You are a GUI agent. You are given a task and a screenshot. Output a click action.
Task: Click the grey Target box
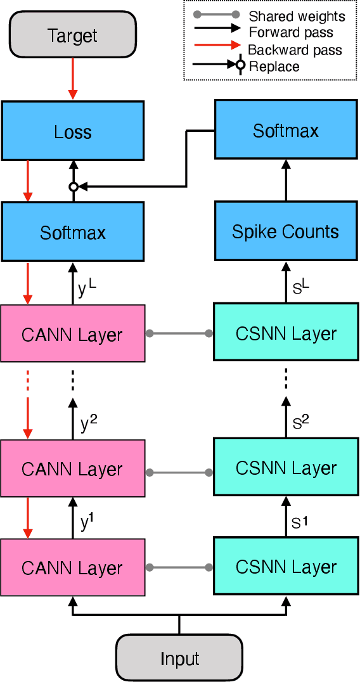pos(73,35)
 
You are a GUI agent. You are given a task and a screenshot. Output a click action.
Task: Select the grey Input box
pos(179,658)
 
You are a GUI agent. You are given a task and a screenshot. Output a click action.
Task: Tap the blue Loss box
pos(73,132)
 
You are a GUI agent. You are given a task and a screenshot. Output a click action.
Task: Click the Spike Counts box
pos(286,231)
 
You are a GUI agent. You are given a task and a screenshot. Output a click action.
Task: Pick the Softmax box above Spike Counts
pos(286,131)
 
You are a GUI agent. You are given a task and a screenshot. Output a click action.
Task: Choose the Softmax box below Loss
pos(73,233)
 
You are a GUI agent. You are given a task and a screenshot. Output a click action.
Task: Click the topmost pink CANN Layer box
pos(73,334)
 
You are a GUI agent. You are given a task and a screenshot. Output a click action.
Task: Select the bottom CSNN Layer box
pos(286,567)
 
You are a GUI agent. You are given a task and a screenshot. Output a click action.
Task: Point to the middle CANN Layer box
pos(73,469)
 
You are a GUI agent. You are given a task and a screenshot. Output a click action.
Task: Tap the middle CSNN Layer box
pos(286,468)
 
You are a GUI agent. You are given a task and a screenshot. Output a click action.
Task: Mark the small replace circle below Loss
pos(74,187)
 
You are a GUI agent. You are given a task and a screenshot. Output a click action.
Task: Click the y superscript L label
pos(87,289)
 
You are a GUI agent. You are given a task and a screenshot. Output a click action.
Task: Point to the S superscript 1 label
pos(300,523)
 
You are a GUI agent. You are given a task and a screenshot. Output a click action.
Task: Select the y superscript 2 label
pos(88,423)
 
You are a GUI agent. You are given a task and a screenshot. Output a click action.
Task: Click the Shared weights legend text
pos(297,16)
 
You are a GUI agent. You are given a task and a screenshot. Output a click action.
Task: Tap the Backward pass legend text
pos(295,49)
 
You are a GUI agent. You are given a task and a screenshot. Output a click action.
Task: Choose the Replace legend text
pos(274,66)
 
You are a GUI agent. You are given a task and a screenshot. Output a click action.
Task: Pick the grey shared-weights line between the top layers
pos(179,333)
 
